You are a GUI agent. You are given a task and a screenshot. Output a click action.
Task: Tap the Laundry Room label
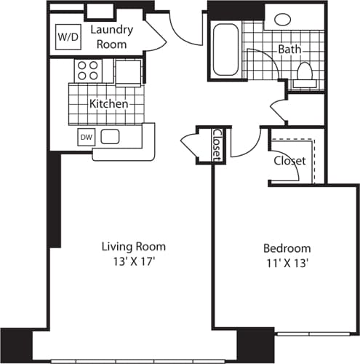[x=111, y=37]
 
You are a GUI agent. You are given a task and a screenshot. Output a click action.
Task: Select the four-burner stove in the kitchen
[x=88, y=71]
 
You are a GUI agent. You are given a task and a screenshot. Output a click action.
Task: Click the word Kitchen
[x=108, y=104]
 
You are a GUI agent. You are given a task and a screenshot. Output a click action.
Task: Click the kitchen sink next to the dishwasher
[x=111, y=135]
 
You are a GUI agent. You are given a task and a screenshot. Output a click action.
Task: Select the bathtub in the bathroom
[x=225, y=50]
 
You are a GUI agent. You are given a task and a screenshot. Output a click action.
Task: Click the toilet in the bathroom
[x=305, y=74]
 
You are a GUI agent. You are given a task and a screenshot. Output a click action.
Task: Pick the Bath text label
[x=289, y=50]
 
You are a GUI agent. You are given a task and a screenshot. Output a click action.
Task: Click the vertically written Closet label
[x=217, y=143]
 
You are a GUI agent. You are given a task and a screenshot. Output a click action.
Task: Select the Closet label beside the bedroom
[x=289, y=160]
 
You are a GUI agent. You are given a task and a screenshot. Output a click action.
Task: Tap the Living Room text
[x=133, y=246]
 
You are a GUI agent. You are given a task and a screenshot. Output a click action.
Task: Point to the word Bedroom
[x=287, y=248]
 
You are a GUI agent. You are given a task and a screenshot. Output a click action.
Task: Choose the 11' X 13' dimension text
[x=287, y=264]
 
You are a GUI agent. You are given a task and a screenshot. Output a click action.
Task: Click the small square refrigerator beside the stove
[x=128, y=71]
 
